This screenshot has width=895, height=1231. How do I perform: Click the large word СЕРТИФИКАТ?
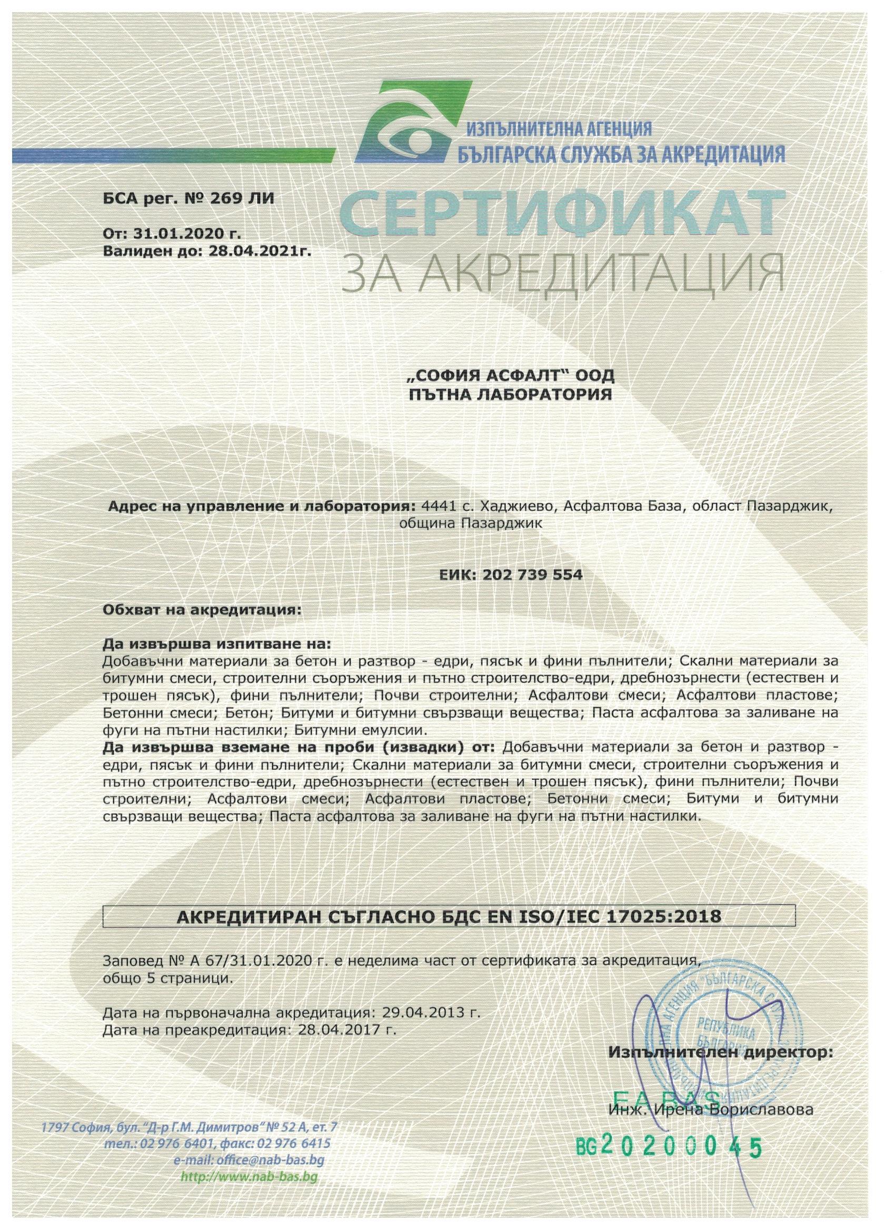point(561,215)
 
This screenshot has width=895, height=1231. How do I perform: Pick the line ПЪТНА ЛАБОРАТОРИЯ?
point(510,394)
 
